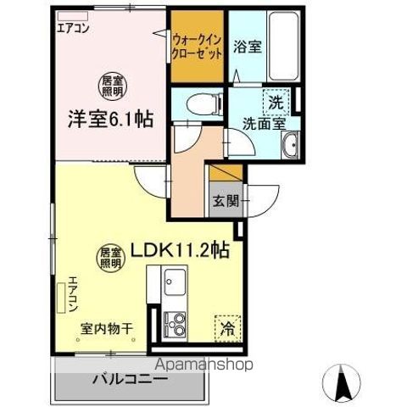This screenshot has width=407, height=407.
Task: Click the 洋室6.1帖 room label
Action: point(110,120)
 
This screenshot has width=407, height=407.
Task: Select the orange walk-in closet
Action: point(198,47)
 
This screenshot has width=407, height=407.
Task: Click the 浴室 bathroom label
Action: point(248,47)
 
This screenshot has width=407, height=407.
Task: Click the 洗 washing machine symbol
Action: point(275,100)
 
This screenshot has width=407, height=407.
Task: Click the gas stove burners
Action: point(179,323)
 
